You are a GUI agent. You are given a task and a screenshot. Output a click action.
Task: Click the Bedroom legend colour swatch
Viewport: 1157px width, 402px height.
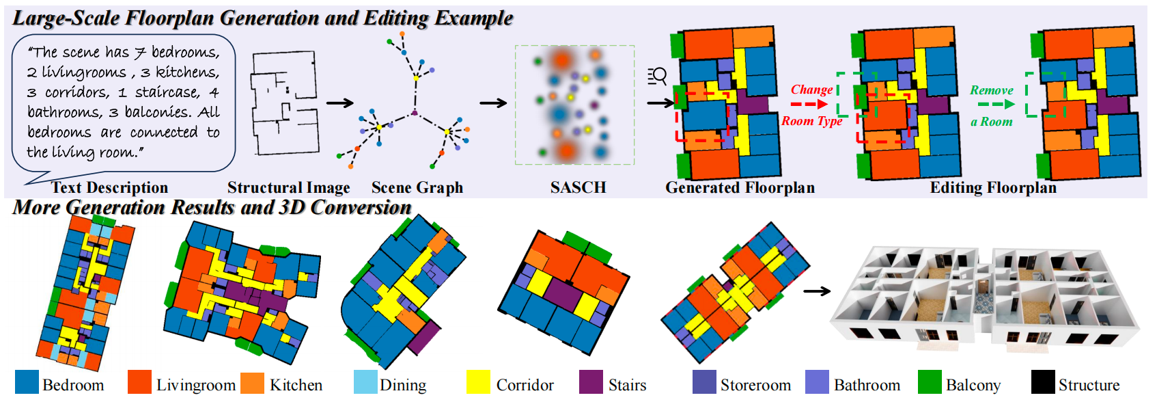(27, 382)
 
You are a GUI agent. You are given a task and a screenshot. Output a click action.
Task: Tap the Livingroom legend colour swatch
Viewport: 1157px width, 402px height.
(139, 382)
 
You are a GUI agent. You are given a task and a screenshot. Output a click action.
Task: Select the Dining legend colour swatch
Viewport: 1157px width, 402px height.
(365, 382)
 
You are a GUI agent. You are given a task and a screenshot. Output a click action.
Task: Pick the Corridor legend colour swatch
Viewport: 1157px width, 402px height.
(478, 382)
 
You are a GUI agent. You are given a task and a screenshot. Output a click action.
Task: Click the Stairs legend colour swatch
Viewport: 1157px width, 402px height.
(591, 382)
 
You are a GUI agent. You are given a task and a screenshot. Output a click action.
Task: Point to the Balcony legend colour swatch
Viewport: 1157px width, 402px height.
(930, 382)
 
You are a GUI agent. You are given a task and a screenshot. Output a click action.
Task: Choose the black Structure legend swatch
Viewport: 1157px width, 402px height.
(1043, 382)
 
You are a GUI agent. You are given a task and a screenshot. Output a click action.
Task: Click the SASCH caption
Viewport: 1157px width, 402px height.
(578, 188)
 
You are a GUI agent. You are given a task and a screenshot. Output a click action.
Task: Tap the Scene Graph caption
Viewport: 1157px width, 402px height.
(417, 188)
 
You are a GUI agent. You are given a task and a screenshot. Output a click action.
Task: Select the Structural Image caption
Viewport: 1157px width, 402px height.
(288, 188)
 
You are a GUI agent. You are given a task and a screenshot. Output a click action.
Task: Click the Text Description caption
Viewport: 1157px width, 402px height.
(109, 188)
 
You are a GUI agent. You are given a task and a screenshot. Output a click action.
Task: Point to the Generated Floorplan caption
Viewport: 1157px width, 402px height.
(740, 188)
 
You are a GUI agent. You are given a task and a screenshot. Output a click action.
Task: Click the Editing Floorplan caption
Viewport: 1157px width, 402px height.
(993, 188)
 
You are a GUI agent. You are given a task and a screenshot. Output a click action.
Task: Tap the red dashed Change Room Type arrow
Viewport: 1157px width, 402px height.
(809, 105)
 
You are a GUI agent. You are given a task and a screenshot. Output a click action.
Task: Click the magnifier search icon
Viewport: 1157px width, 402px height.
(657, 75)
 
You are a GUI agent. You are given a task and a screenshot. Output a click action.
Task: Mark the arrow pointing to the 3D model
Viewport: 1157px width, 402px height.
(817, 291)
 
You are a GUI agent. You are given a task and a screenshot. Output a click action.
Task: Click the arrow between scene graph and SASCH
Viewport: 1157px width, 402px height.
(493, 103)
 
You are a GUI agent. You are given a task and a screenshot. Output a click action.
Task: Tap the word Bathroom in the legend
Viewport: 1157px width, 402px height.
(867, 386)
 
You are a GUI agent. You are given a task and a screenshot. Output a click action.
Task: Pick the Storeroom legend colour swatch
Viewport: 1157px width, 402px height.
(704, 382)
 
